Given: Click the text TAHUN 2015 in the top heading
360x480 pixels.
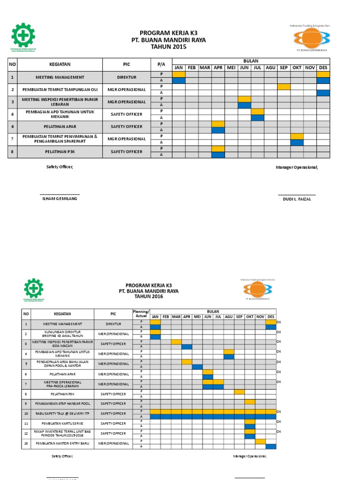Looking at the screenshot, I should pos(168,47).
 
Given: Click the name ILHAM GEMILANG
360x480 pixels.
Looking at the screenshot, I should pos(60,199).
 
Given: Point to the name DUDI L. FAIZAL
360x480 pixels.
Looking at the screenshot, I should pos(297,199).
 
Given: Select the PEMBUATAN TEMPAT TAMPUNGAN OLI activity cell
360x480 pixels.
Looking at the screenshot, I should pos(60,89).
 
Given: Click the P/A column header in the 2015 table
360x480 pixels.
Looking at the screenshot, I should pos(161,64).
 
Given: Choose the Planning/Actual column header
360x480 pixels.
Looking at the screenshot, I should pos(141,314).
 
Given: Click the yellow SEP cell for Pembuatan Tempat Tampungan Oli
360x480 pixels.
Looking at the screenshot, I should pos(284,86).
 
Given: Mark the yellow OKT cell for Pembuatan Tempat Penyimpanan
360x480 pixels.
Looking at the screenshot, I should pos(297,136).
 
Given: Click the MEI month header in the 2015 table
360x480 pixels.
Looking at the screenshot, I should pos(231,68).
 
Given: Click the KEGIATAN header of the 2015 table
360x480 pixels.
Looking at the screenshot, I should pos(60,64).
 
